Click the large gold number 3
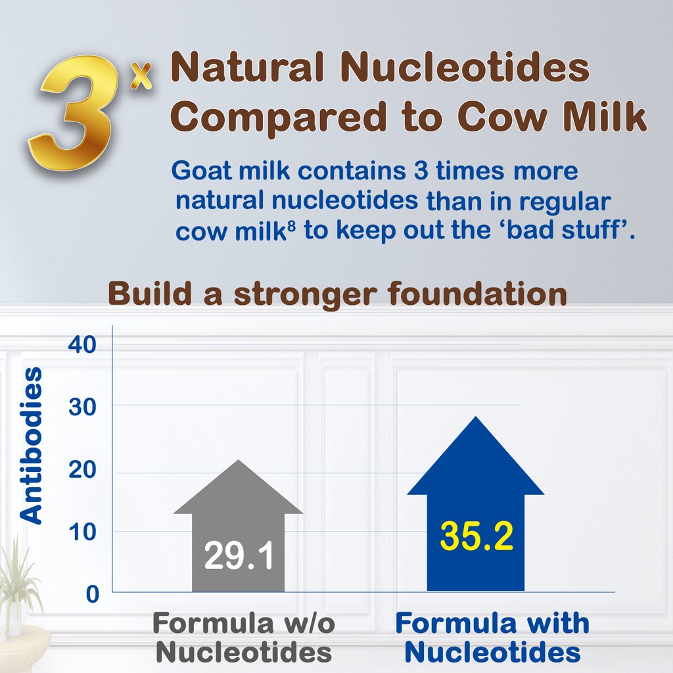coord(73,112)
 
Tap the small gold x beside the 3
coord(141,76)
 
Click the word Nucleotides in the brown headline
coord(465,67)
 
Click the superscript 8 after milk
coord(291,225)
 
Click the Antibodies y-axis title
coord(32,446)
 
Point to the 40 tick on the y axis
coord(82,344)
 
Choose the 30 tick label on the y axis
coord(82,406)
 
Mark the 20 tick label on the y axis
coord(82,469)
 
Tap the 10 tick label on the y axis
coord(82,532)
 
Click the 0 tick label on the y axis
coord(92,594)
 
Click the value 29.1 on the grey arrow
coord(239,555)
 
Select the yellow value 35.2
coord(476,536)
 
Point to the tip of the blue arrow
coord(476,416)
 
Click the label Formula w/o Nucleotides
coord(243,638)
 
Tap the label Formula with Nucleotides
coord(492,638)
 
